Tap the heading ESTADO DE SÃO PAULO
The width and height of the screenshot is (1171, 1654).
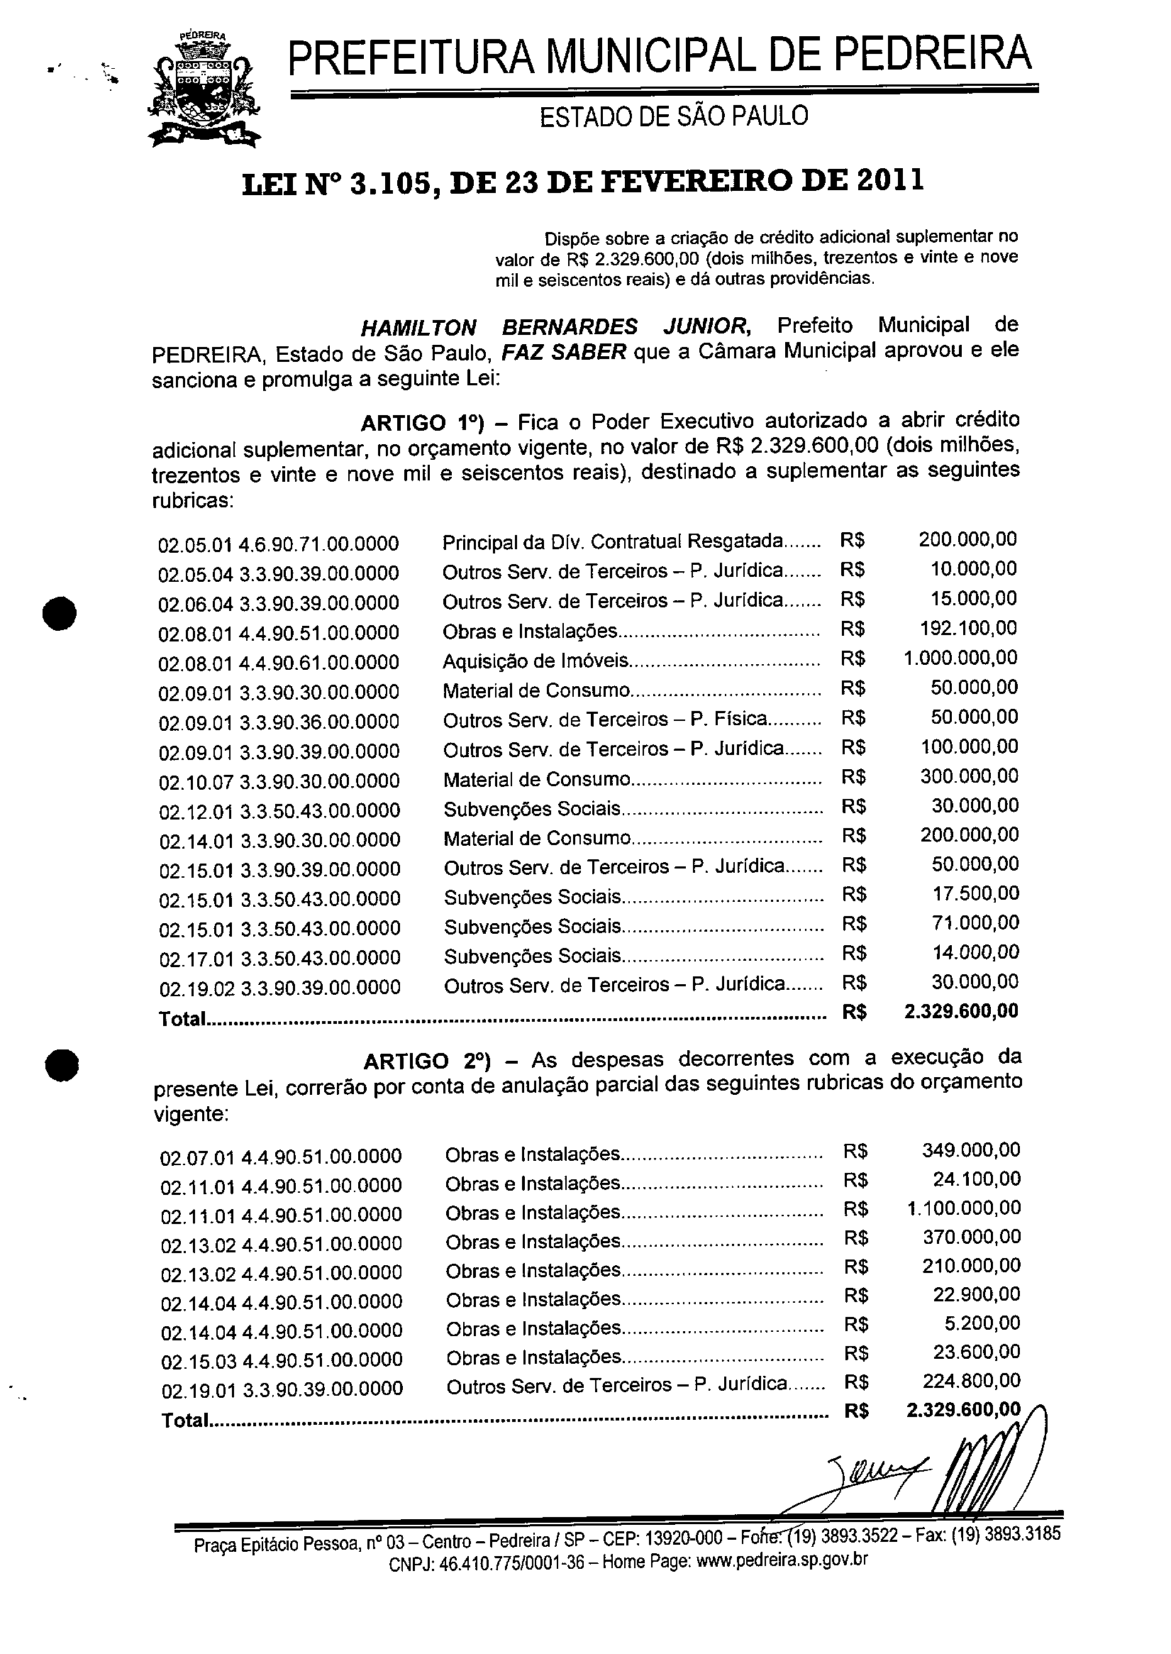[674, 116]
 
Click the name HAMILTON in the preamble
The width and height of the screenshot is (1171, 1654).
[418, 328]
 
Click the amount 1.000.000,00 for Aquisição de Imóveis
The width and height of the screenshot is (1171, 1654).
[960, 658]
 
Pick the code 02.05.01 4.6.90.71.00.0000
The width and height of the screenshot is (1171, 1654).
[278, 544]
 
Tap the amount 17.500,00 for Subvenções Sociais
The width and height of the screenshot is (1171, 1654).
[975, 894]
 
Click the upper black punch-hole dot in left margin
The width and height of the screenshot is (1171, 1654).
[60, 613]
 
